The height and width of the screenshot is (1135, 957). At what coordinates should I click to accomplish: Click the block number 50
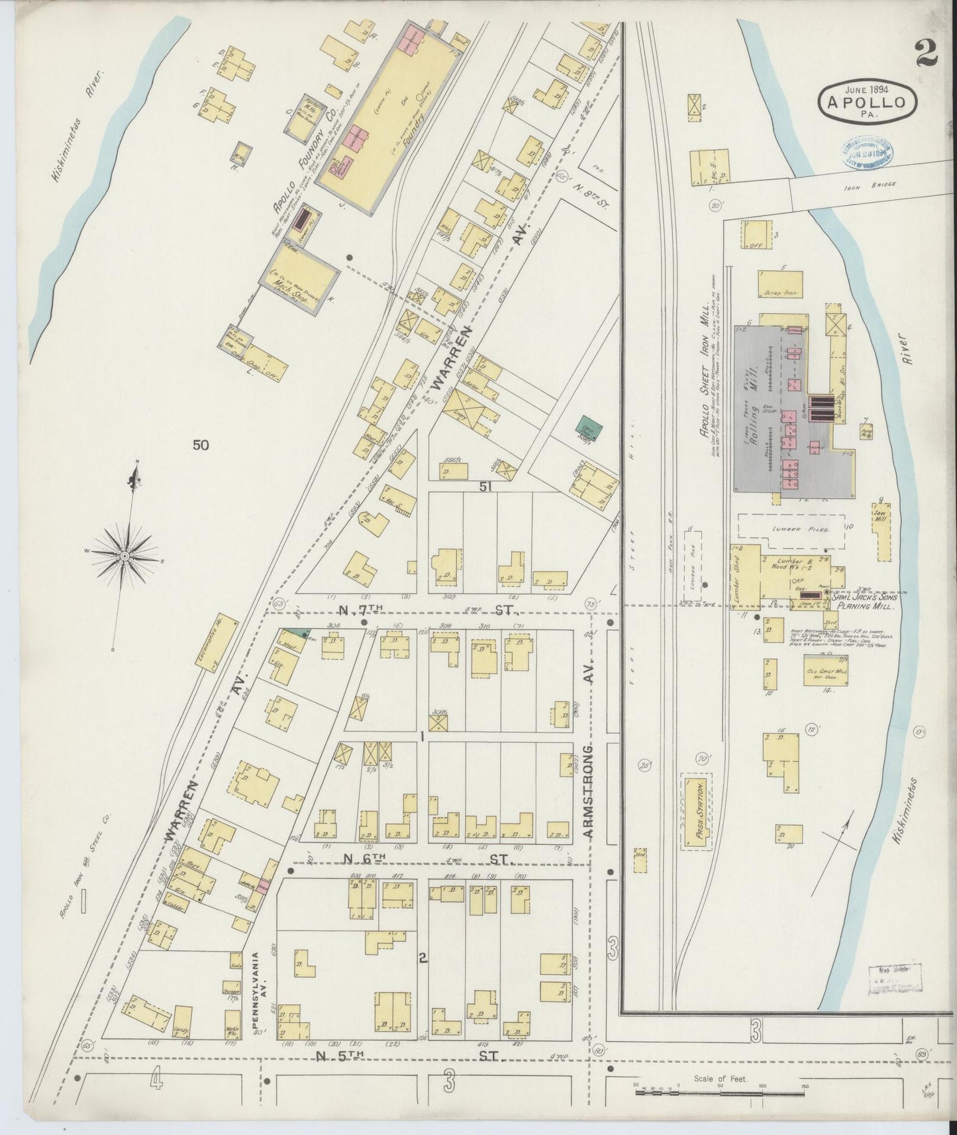201,445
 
